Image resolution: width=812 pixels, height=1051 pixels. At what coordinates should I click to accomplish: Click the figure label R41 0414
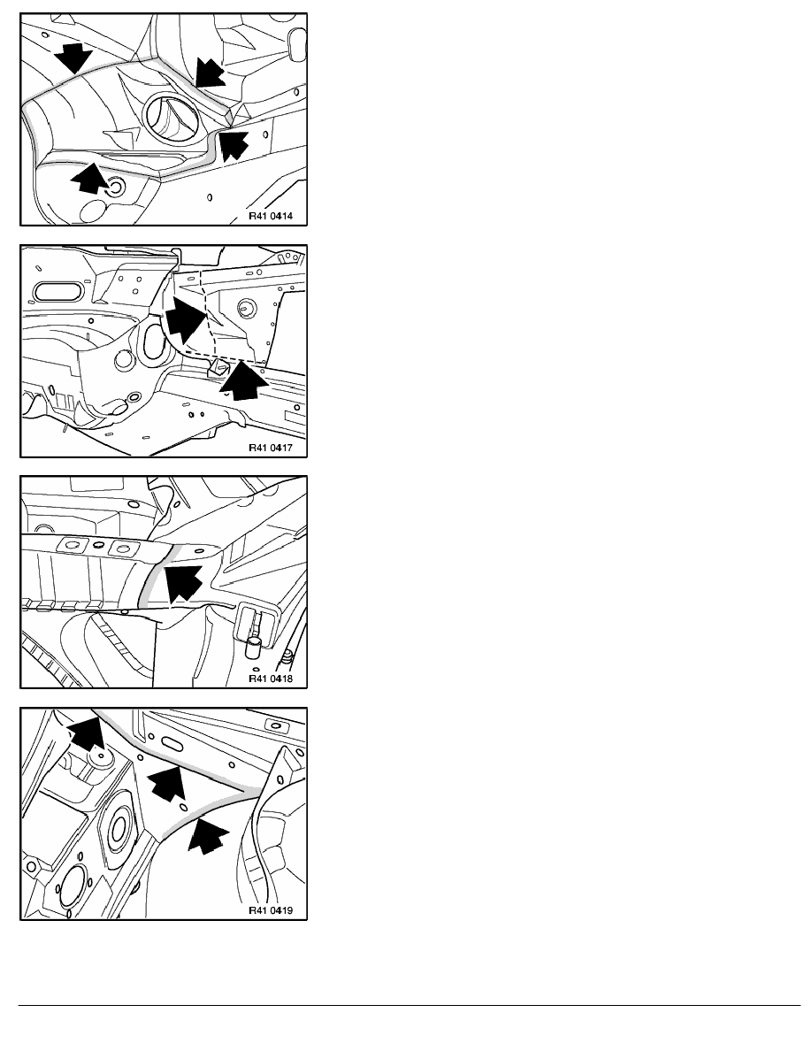[x=271, y=217]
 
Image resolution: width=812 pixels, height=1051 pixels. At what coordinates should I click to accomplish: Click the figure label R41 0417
[x=271, y=448]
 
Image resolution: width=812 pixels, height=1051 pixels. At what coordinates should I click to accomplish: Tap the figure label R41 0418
[x=271, y=679]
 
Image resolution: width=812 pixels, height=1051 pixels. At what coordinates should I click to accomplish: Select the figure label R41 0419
[x=271, y=910]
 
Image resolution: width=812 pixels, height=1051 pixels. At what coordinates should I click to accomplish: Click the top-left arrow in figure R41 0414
[x=73, y=58]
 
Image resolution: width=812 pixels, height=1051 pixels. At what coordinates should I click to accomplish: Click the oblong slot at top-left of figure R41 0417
[x=57, y=291]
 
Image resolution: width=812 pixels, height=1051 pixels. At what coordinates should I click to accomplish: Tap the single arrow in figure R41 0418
[x=183, y=583]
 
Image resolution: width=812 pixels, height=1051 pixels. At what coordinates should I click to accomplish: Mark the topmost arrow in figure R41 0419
[x=87, y=734]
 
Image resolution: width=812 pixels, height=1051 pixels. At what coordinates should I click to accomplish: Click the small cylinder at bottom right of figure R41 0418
[x=253, y=648]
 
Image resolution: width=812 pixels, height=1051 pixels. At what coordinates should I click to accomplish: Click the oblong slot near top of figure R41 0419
[x=171, y=742]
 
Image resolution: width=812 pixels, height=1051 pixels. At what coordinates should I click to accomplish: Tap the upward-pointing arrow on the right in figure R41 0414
[x=234, y=145]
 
